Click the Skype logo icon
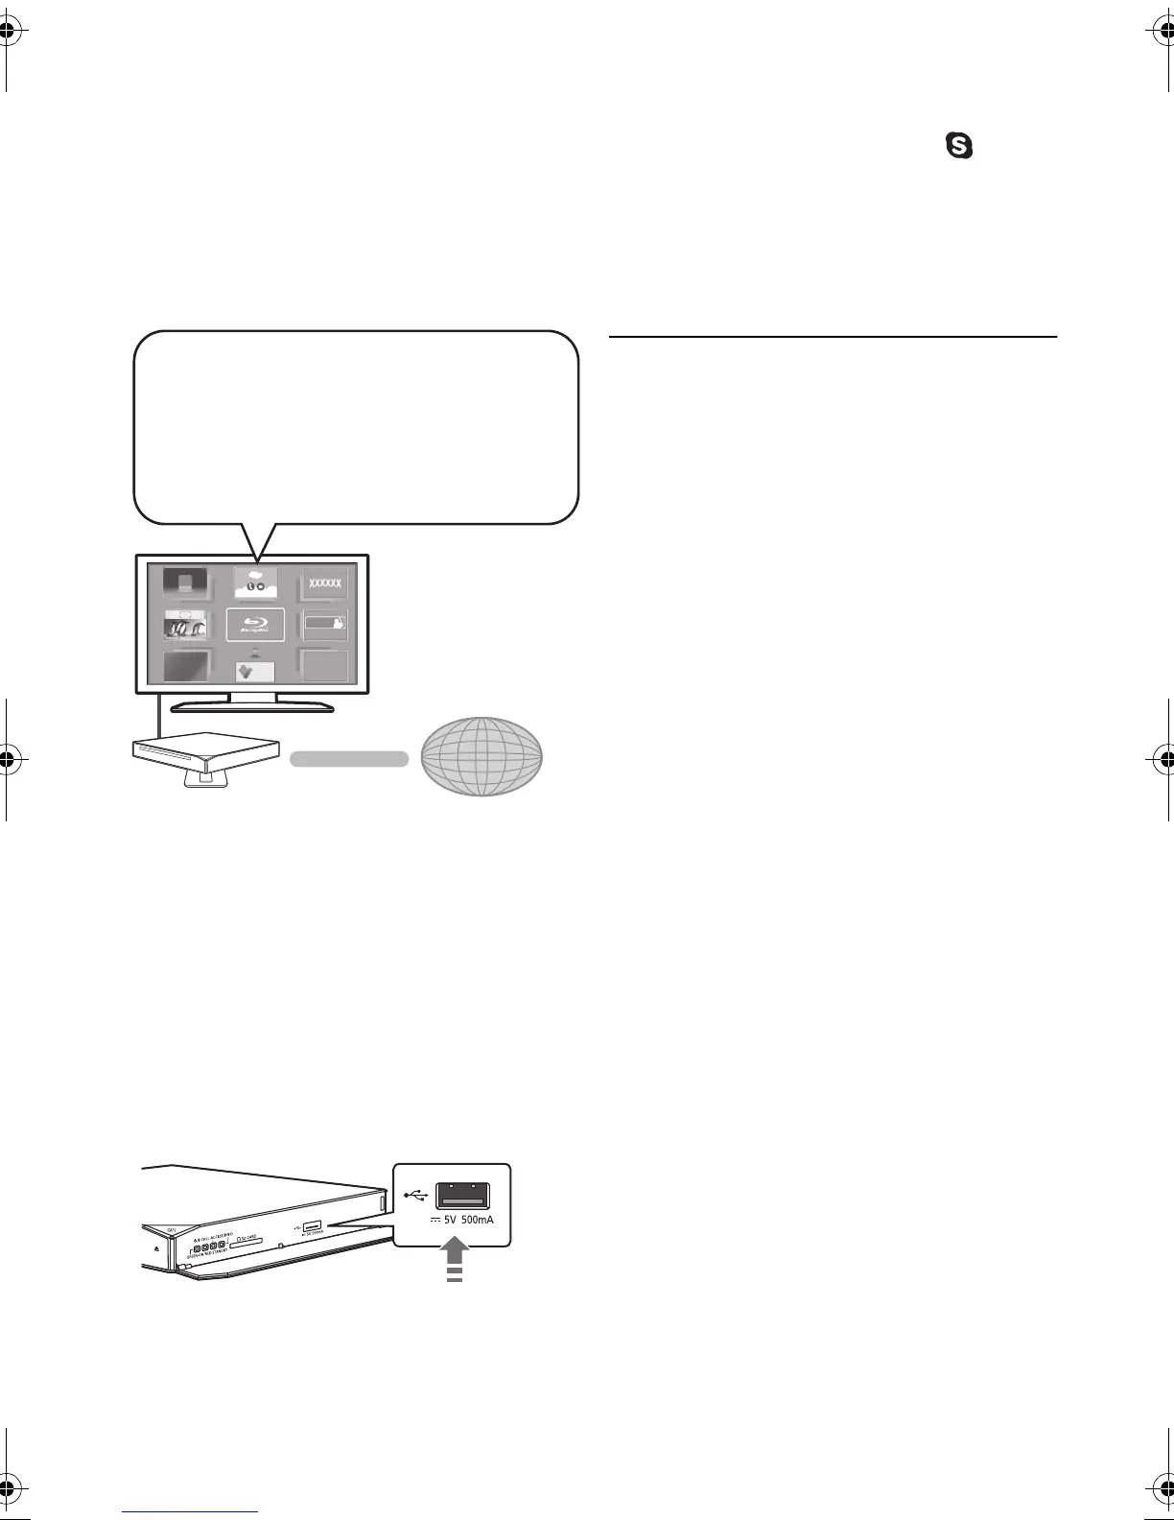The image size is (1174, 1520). (960, 146)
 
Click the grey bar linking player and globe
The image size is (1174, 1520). (349, 758)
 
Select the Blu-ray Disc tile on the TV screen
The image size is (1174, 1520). (255, 625)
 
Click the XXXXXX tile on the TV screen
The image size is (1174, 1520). (324, 583)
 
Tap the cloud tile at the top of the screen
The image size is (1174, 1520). (255, 582)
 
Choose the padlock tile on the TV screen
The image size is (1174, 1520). (324, 625)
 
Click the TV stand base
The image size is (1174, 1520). (252, 708)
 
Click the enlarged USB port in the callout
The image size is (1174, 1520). (462, 1196)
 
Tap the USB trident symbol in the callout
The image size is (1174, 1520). (415, 1195)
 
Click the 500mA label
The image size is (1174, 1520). (484, 1222)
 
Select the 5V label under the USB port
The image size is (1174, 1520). (448, 1222)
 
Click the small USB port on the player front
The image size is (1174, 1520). (312, 1226)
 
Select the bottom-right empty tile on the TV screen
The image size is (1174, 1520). (324, 665)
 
